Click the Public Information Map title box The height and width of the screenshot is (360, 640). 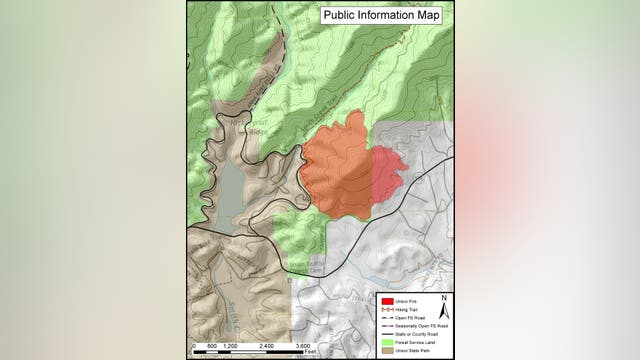[382, 15]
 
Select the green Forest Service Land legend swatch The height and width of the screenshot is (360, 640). [385, 341]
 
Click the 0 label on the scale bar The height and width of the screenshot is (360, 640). [193, 346]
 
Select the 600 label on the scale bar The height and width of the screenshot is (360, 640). [212, 346]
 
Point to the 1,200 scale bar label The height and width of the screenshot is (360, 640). [230, 346]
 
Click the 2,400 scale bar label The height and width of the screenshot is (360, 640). [267, 346]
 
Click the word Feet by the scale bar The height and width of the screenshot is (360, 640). [312, 352]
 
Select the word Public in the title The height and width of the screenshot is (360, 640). [341, 15]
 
